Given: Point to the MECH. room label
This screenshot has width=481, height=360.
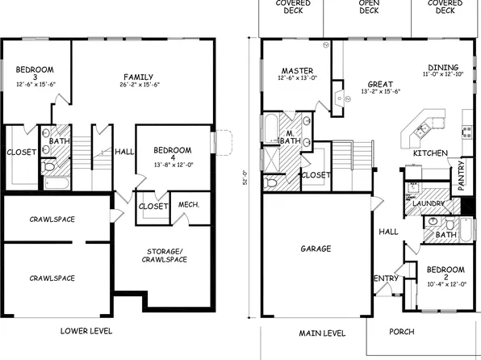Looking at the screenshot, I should click(x=190, y=205).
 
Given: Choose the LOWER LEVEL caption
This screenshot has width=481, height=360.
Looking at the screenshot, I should click(x=86, y=331).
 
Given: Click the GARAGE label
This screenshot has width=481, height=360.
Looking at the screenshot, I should click(x=316, y=249).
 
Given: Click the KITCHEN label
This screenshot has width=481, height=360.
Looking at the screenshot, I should click(x=430, y=153).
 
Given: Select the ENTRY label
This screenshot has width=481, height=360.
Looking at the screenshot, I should click(x=384, y=279).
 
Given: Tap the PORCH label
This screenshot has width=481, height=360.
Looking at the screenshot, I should click(x=401, y=332).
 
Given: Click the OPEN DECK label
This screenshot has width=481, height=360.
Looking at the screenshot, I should click(x=368, y=6).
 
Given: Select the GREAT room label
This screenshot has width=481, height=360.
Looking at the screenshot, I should click(x=380, y=83).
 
